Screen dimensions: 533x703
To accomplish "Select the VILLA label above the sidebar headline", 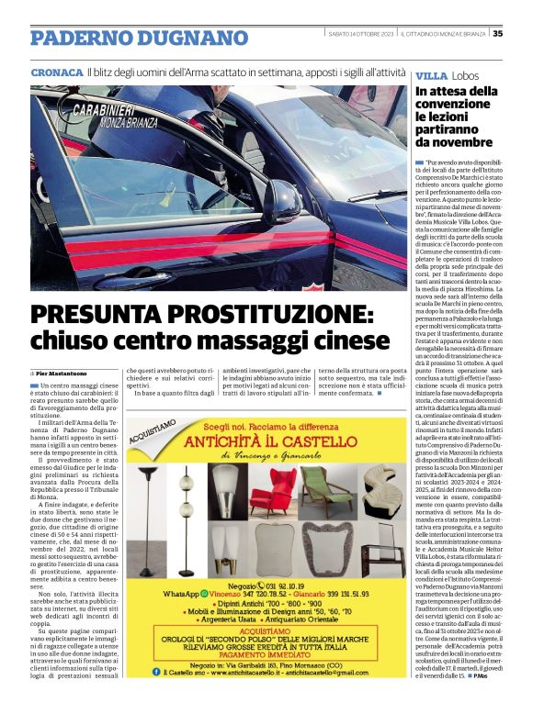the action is click(x=432, y=74).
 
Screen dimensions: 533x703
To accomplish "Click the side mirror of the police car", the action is click(x=281, y=197).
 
